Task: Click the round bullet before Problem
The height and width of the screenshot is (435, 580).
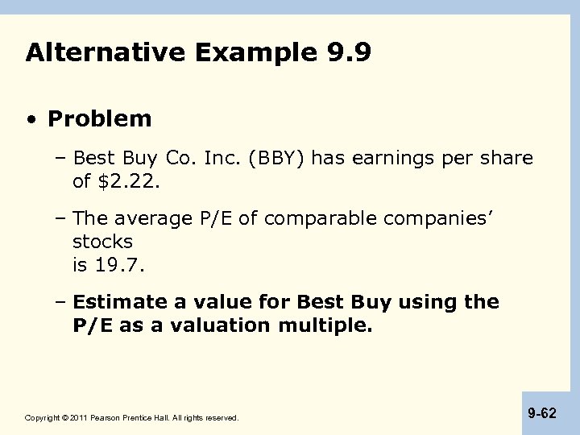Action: tap(31, 120)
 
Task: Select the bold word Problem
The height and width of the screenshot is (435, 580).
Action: tap(99, 119)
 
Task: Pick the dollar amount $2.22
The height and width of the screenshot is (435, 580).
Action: tap(129, 182)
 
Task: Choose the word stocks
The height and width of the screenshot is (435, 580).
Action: tap(102, 242)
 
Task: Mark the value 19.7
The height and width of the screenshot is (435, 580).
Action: tap(122, 264)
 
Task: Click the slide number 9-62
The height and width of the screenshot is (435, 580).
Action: tap(542, 412)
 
